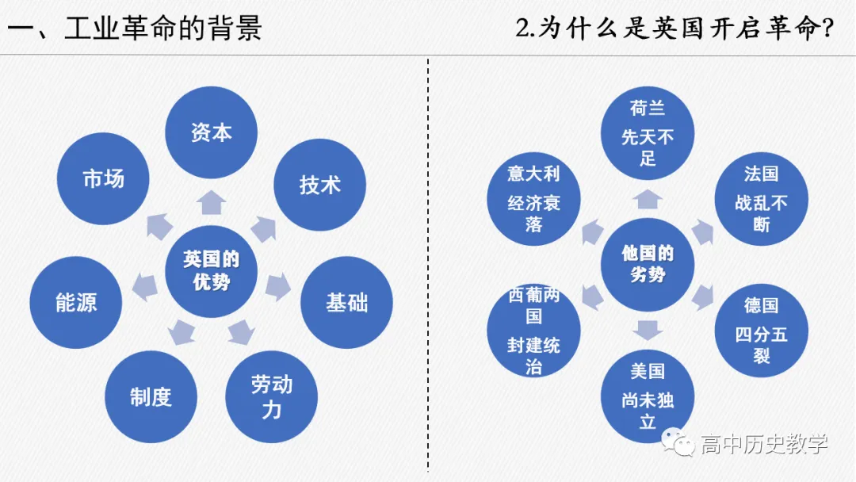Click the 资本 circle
[x=211, y=132]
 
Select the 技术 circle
[x=319, y=185]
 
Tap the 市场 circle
[x=104, y=178]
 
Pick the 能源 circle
[x=76, y=302]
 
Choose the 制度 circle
[x=151, y=396]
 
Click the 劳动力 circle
[x=272, y=396]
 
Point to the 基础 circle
[x=347, y=302]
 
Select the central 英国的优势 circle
[x=211, y=270]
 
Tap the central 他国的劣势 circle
[x=648, y=264]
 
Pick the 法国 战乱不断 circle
[x=761, y=198]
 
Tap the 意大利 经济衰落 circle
[x=533, y=198]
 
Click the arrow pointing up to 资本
[x=211, y=203]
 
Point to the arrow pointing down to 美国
[x=648, y=328]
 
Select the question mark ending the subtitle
[x=827, y=29]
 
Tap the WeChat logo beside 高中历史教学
[x=681, y=444]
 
